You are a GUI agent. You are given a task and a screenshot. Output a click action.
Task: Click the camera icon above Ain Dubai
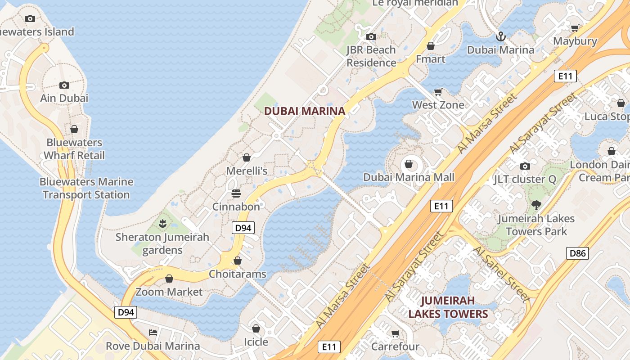(64, 85)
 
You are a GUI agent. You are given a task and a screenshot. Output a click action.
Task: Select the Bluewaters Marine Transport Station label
(86, 188)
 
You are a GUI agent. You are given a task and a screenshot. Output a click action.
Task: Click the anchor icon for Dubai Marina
(500, 36)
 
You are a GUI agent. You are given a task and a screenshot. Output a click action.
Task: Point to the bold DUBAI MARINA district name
(305, 111)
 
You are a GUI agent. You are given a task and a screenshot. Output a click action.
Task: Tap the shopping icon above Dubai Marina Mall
(409, 164)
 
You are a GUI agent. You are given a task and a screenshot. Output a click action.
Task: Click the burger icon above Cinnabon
(236, 193)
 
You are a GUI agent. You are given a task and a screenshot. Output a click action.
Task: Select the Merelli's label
(247, 171)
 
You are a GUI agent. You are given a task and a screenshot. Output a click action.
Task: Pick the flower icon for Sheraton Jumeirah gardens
(162, 223)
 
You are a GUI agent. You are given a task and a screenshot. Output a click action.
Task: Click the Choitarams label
(237, 274)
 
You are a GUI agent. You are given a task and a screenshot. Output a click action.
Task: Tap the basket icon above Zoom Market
(169, 279)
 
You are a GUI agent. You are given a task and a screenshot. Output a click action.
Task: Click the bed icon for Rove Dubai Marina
(153, 333)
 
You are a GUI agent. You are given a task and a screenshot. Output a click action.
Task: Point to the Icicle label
(256, 342)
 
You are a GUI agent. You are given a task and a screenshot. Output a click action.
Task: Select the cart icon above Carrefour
(395, 333)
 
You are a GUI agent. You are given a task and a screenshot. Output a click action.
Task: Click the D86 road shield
(577, 253)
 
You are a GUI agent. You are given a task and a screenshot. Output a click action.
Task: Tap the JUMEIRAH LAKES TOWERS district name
(448, 307)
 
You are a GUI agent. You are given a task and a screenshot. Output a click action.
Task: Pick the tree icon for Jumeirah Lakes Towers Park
(535, 205)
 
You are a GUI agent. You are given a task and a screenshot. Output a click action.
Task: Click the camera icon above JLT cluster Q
(525, 166)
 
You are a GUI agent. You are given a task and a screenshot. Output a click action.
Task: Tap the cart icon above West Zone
(438, 92)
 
